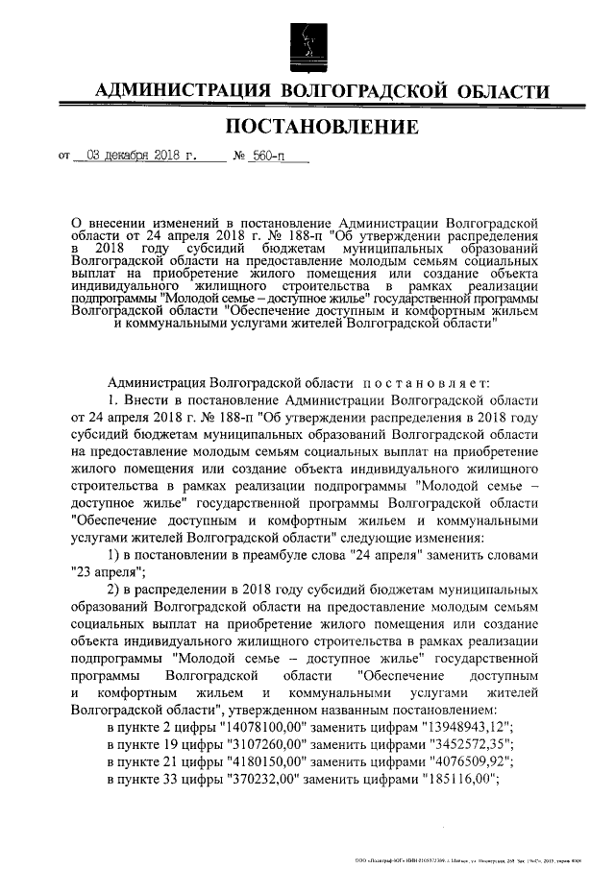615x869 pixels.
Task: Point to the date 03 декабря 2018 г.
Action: coord(140,155)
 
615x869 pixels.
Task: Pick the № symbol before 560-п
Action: coord(240,155)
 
